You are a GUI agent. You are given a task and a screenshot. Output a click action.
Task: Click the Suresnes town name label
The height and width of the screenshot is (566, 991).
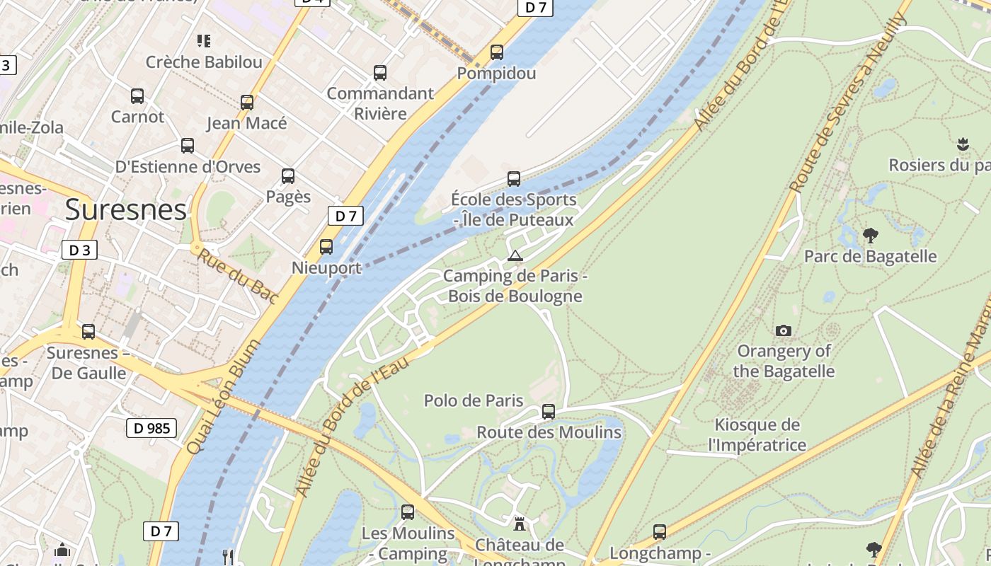point(126,210)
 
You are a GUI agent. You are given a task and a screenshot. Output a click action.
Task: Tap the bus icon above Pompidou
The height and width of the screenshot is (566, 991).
point(497,52)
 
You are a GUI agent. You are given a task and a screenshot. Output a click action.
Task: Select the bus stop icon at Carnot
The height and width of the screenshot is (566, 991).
point(137,96)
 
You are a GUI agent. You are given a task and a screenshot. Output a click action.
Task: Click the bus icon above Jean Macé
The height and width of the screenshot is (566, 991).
point(247,103)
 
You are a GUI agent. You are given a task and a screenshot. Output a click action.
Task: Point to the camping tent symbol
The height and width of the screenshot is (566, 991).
point(515,255)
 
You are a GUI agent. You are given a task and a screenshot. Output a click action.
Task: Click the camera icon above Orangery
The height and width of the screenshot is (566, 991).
point(784,330)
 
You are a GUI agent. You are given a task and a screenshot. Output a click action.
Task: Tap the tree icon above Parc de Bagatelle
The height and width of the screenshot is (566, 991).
point(871,236)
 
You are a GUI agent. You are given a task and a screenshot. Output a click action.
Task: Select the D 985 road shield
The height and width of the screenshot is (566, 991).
point(151,428)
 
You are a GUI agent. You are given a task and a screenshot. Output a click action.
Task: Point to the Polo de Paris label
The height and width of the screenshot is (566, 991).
point(474,400)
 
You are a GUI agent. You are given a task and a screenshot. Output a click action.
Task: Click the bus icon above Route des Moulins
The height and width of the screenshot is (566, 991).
point(549,412)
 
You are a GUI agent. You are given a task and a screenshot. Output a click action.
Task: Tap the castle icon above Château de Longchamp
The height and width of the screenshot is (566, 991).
point(520,524)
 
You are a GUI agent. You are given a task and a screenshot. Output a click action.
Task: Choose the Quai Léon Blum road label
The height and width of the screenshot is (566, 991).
point(224,396)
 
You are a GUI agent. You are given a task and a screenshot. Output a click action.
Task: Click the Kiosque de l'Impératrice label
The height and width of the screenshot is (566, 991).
point(757,434)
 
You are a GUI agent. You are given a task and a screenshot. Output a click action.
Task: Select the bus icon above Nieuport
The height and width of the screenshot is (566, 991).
point(326,247)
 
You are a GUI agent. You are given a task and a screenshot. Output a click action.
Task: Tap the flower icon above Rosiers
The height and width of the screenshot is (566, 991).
point(963,145)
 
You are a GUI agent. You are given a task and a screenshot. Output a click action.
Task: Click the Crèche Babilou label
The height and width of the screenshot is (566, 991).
point(204,62)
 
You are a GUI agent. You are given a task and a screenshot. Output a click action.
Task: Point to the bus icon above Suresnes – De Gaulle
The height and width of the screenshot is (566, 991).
point(88,332)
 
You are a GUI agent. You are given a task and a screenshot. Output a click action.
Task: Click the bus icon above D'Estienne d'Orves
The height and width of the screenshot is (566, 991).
point(188,146)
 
